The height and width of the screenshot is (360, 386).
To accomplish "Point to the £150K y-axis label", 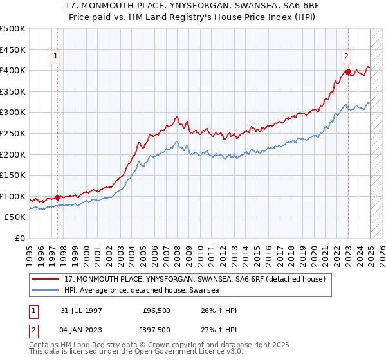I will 13,175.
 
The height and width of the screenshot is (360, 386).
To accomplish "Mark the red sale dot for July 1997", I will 57,197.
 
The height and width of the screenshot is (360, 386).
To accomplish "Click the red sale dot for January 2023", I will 347,72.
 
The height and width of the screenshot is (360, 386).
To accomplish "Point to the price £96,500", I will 157,311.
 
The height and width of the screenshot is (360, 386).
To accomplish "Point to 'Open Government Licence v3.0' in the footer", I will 187,352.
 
